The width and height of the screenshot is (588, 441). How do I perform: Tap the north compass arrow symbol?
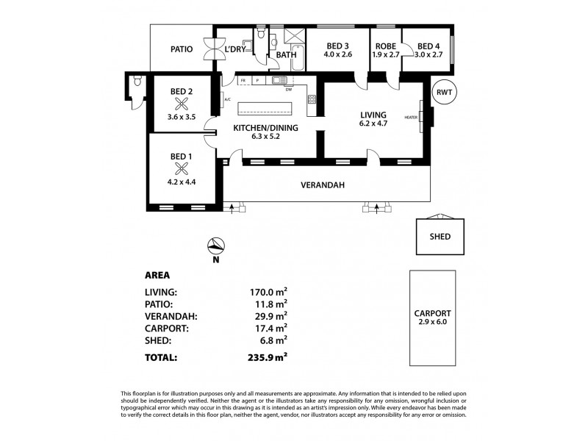coord(214,247)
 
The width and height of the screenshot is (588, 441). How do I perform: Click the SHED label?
coord(440,237)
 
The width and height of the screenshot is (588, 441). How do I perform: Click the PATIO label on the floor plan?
coord(181,50)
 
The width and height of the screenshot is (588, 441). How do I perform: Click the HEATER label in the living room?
coord(410,118)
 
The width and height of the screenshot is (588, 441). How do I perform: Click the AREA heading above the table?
coord(158,276)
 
